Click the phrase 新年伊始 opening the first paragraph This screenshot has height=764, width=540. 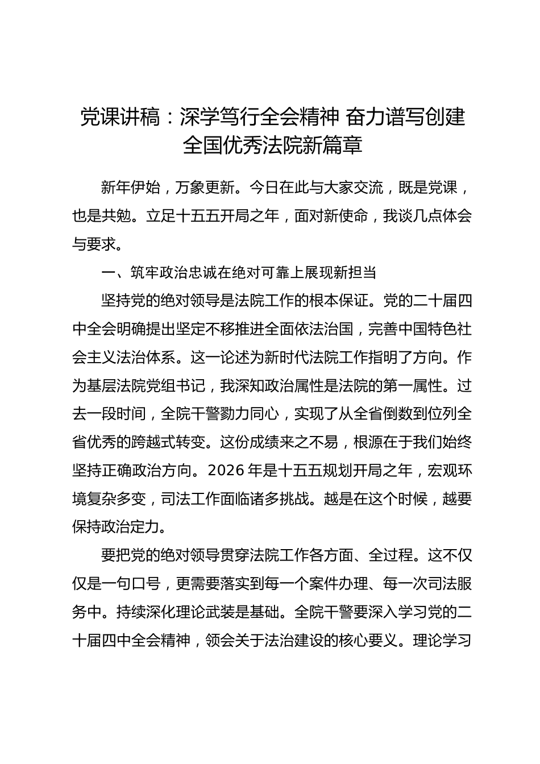(x=130, y=188)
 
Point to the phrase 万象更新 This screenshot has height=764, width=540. (x=205, y=188)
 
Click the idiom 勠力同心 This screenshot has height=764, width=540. (x=249, y=414)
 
